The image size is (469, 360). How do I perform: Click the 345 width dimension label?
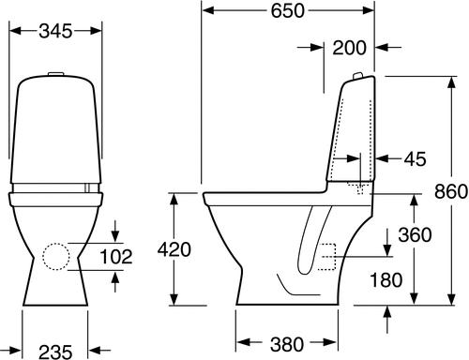[x=55, y=31]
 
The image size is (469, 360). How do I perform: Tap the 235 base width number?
[x=55, y=352]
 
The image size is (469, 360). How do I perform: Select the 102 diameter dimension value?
[x=116, y=257]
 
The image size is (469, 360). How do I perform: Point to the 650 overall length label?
[x=287, y=11]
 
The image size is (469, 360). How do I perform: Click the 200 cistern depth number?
[x=349, y=48]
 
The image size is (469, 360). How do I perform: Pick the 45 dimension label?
[x=415, y=158]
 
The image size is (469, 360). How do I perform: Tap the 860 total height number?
[x=451, y=191]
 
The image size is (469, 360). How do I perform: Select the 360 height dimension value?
[x=415, y=234]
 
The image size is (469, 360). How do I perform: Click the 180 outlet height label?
[x=386, y=279]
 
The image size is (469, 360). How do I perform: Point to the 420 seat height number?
[x=174, y=249]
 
